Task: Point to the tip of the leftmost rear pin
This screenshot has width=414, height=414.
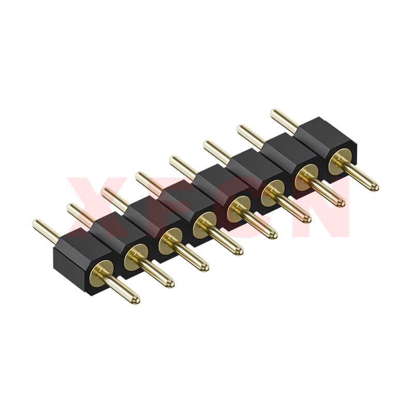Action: pyautogui.click(x=36, y=224)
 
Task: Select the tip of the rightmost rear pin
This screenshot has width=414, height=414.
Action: pyautogui.click(x=274, y=113)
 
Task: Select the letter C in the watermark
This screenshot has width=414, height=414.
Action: pyautogui.click(x=243, y=206)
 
